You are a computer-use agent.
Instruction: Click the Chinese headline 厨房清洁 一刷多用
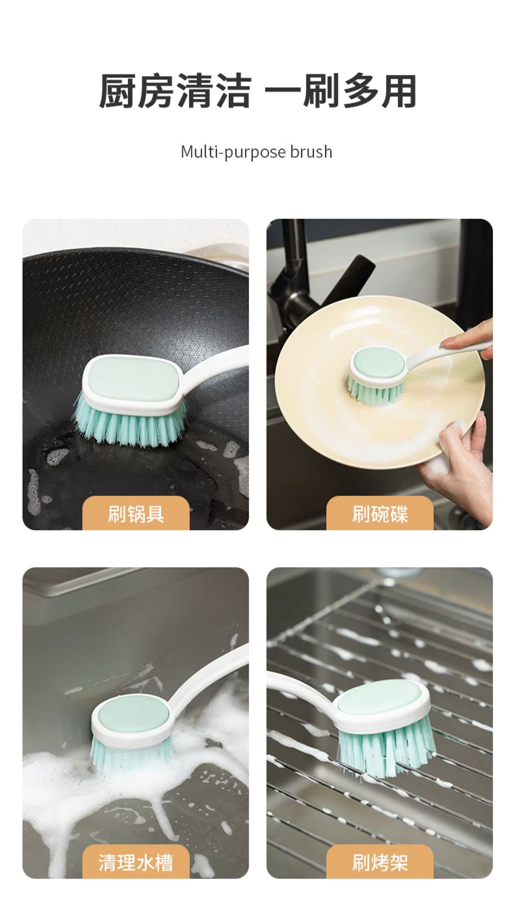[x=257, y=91]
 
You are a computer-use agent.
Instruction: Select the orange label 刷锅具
[x=136, y=513]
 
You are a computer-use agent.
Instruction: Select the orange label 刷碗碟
[x=380, y=513]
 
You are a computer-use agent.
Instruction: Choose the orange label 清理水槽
[x=136, y=862]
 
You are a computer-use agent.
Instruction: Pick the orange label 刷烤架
[x=380, y=862]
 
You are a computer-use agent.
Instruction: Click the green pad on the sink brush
[x=129, y=718]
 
